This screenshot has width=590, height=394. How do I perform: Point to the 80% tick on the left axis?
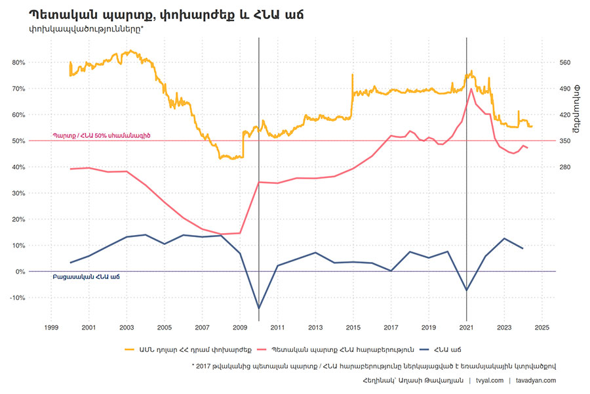point(18,62)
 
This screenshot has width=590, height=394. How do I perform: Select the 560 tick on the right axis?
point(566,62)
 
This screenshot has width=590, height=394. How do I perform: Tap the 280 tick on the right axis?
point(566,167)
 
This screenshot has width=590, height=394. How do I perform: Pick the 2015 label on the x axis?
point(353,326)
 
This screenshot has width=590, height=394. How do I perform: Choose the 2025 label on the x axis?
point(542,326)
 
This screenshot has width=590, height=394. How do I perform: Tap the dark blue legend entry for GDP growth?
point(445,349)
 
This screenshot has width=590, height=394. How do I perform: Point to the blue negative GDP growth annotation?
point(85,277)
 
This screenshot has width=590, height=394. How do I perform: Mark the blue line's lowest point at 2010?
point(259,308)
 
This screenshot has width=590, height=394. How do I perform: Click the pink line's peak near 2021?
point(472,89)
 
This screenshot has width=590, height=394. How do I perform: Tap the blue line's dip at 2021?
point(467,290)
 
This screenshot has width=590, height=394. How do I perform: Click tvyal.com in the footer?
point(490,380)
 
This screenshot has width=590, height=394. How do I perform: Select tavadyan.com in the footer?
point(536,380)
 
